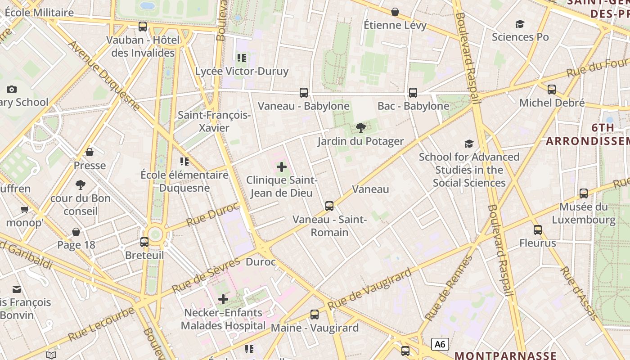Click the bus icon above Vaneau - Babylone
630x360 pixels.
click(304, 93)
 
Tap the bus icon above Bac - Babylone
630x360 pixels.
click(413, 93)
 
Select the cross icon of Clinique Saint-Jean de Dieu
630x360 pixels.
click(282, 167)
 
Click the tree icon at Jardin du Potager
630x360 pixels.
click(360, 128)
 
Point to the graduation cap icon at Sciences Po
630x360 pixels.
click(520, 24)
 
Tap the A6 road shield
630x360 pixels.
click(440, 344)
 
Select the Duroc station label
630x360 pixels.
click(261, 262)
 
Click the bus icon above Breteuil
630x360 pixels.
click(144, 242)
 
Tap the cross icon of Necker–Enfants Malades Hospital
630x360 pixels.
click(223, 299)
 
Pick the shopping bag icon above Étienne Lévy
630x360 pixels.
click(395, 11)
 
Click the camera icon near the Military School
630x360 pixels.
click(12, 89)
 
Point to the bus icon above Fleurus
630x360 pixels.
click(537, 230)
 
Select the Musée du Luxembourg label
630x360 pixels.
click(584, 213)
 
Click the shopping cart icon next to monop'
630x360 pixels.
click(24, 209)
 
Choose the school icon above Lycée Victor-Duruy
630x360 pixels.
click(242, 58)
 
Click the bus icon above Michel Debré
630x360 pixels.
click(552, 90)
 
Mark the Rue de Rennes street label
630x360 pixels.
click(449, 288)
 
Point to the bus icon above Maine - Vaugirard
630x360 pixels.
click(315, 315)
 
